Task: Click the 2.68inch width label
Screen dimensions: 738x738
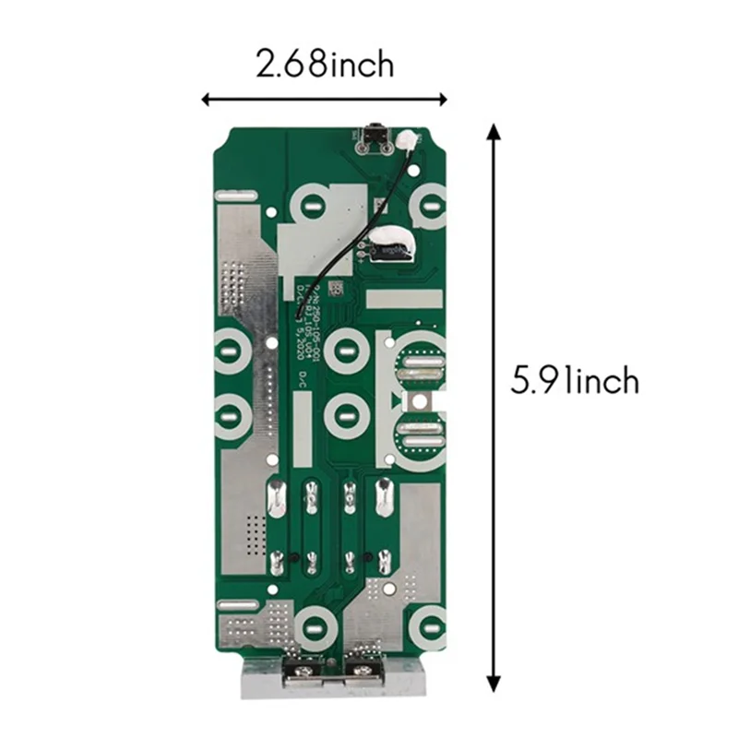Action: [x=324, y=65]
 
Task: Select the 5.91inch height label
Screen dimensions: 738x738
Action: [x=575, y=380]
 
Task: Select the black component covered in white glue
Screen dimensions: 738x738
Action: [x=395, y=246]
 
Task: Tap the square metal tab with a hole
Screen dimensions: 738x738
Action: [x=423, y=401]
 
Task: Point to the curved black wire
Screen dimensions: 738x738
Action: [x=355, y=231]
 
